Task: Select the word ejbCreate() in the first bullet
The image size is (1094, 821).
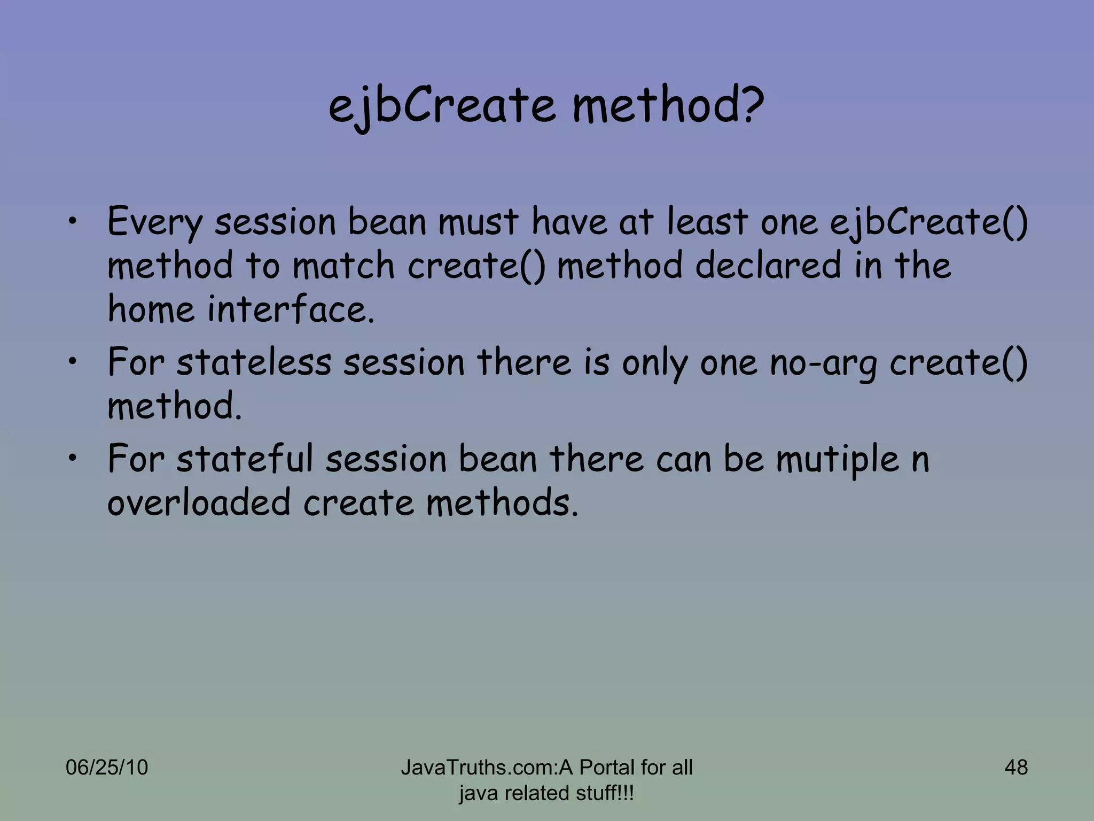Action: pos(928,222)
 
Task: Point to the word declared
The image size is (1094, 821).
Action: pos(768,266)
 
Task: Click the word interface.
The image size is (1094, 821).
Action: pos(291,309)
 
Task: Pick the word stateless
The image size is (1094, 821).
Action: pos(254,362)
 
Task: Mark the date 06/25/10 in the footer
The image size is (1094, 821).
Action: pos(106,768)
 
